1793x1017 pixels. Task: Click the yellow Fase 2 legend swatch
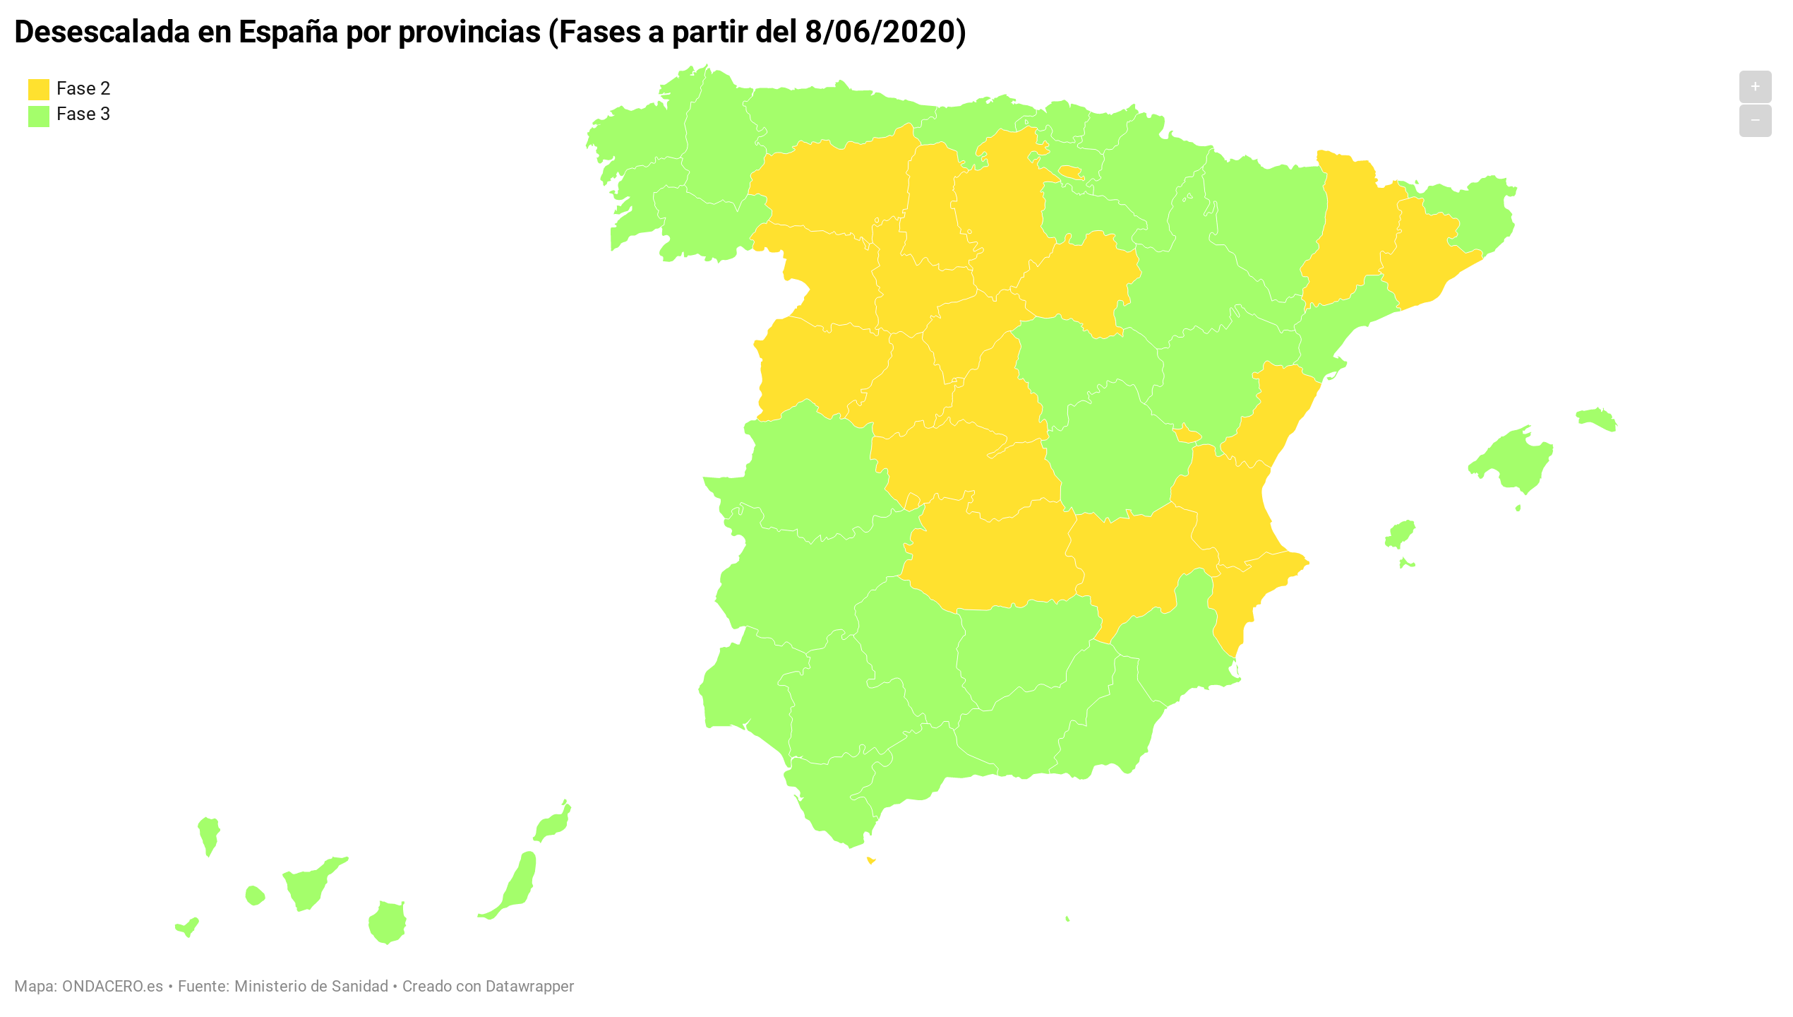coord(38,89)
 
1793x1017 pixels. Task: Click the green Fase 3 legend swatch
coord(38,116)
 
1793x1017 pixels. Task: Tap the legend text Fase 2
coord(83,88)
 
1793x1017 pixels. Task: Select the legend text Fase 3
coord(83,114)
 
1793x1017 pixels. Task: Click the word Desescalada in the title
coord(102,32)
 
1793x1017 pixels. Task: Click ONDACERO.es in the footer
coord(112,986)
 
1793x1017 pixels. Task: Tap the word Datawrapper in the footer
coord(529,986)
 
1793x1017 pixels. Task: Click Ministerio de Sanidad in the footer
coord(311,986)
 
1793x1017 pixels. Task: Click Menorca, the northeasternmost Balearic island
coord(1597,419)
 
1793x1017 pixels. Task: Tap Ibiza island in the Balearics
coord(1400,533)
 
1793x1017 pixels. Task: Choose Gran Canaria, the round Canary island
coord(388,922)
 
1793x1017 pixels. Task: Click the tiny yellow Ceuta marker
coord(871,860)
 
